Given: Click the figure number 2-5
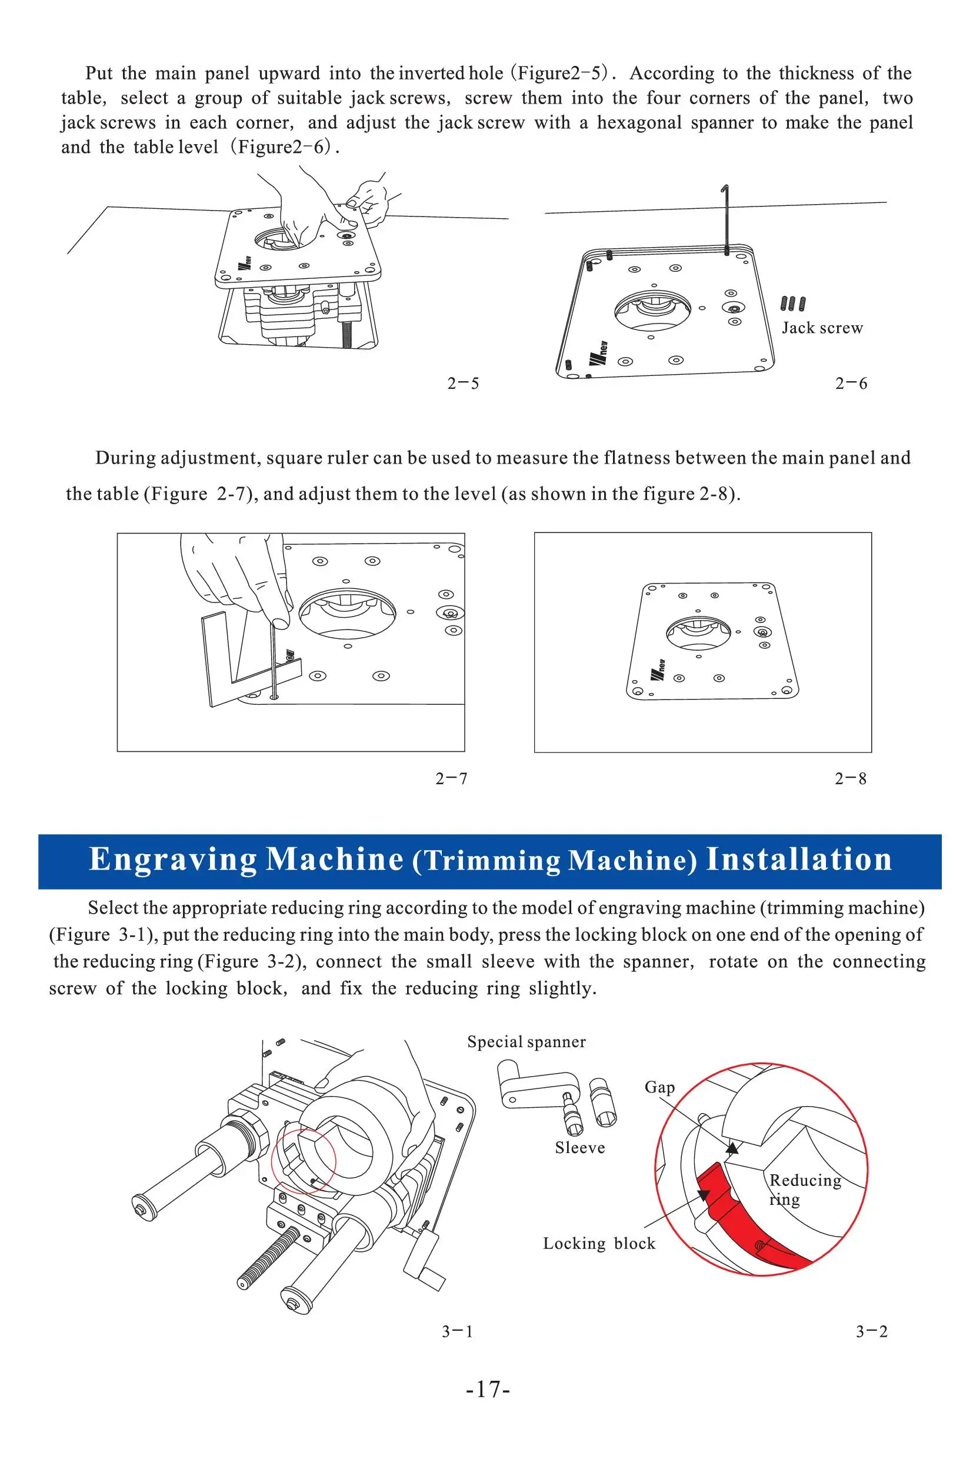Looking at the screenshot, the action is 463,384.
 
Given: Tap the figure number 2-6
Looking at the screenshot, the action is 851,384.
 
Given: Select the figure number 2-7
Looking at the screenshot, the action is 451,778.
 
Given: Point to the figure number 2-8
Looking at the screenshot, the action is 850,778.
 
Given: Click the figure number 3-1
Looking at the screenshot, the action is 457,1331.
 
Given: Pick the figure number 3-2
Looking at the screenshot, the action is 871,1331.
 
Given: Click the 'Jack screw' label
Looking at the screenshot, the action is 822,328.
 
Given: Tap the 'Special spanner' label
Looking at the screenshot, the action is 527,1042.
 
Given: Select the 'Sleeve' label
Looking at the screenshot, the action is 579,1148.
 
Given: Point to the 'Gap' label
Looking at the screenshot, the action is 659,1087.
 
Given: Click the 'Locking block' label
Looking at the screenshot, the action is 599,1244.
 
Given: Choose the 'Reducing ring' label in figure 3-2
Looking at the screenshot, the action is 804,1189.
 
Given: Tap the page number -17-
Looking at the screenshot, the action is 488,1389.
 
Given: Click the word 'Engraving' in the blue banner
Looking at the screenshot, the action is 172,860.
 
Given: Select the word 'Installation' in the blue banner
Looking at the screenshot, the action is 799,860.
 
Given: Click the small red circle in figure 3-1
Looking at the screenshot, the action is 304,1161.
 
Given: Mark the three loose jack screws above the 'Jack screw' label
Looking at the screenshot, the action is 793,304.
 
